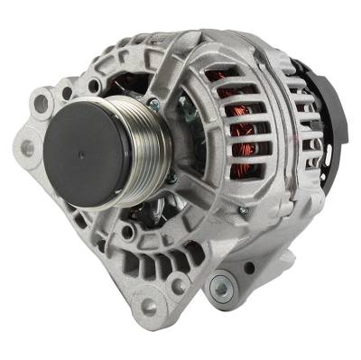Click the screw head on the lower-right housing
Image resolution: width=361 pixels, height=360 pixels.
tap(241, 212)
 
